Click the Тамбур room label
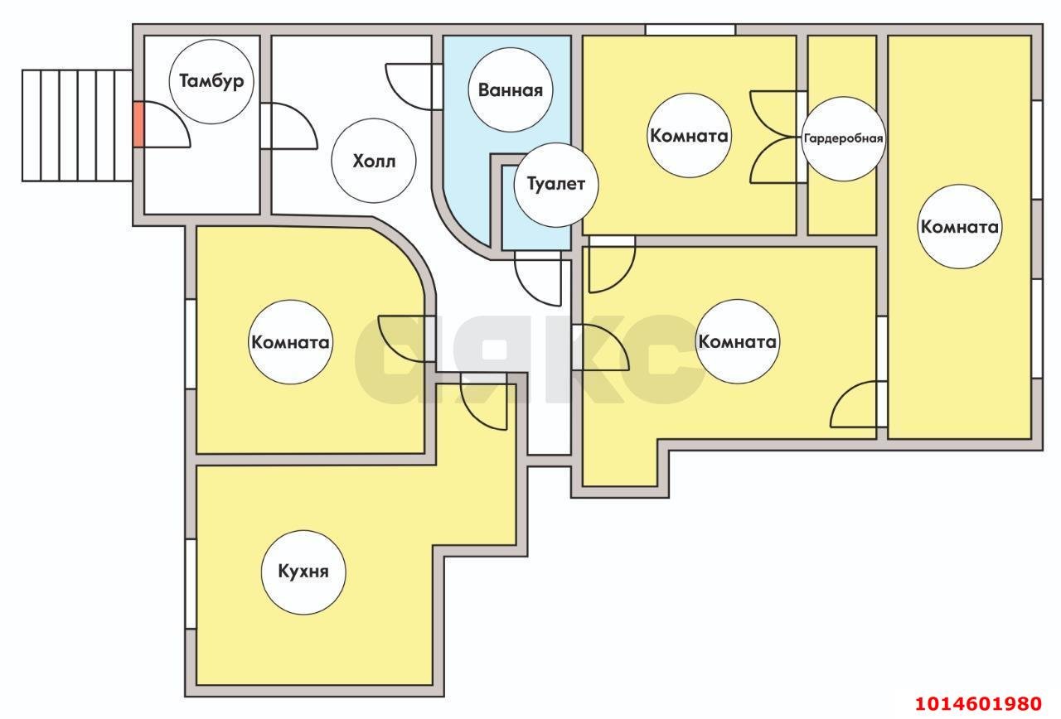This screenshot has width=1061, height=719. point(211,81)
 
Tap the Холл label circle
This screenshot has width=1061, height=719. point(374,161)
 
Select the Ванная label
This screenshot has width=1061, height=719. point(510,90)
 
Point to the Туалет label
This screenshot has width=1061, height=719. point(556,185)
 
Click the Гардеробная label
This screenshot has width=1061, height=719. point(843,138)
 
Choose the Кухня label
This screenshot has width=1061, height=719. point(303,572)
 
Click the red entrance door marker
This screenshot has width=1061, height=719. point(138,124)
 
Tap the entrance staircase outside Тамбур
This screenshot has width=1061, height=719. point(77,125)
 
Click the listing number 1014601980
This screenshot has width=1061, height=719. point(978,704)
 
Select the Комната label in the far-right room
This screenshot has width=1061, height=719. point(959,227)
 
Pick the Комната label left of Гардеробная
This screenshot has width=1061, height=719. point(689,136)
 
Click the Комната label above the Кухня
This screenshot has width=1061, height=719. point(290,342)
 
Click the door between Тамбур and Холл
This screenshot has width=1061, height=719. point(288,126)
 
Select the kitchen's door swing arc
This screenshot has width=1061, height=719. point(483,407)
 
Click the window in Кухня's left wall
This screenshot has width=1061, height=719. point(191,584)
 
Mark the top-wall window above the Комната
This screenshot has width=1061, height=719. point(690,29)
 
